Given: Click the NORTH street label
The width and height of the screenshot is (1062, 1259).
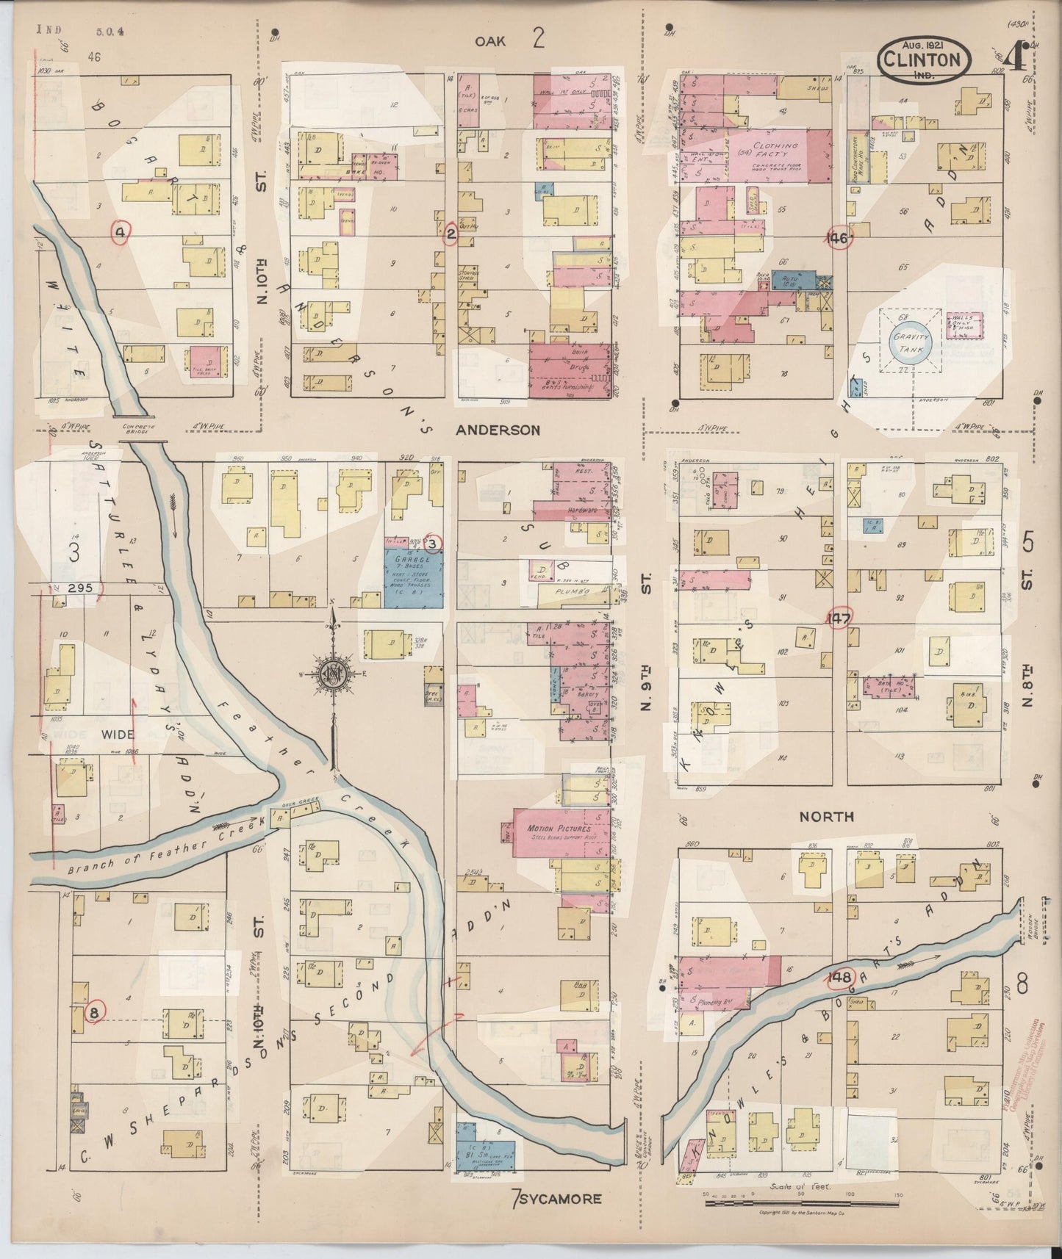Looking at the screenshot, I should click(x=826, y=816).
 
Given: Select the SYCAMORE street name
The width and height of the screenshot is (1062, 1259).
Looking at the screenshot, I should click(x=562, y=1199).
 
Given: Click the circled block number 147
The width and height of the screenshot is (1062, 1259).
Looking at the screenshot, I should click(x=839, y=618).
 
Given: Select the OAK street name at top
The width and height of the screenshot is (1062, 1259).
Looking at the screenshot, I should click(x=489, y=42).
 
